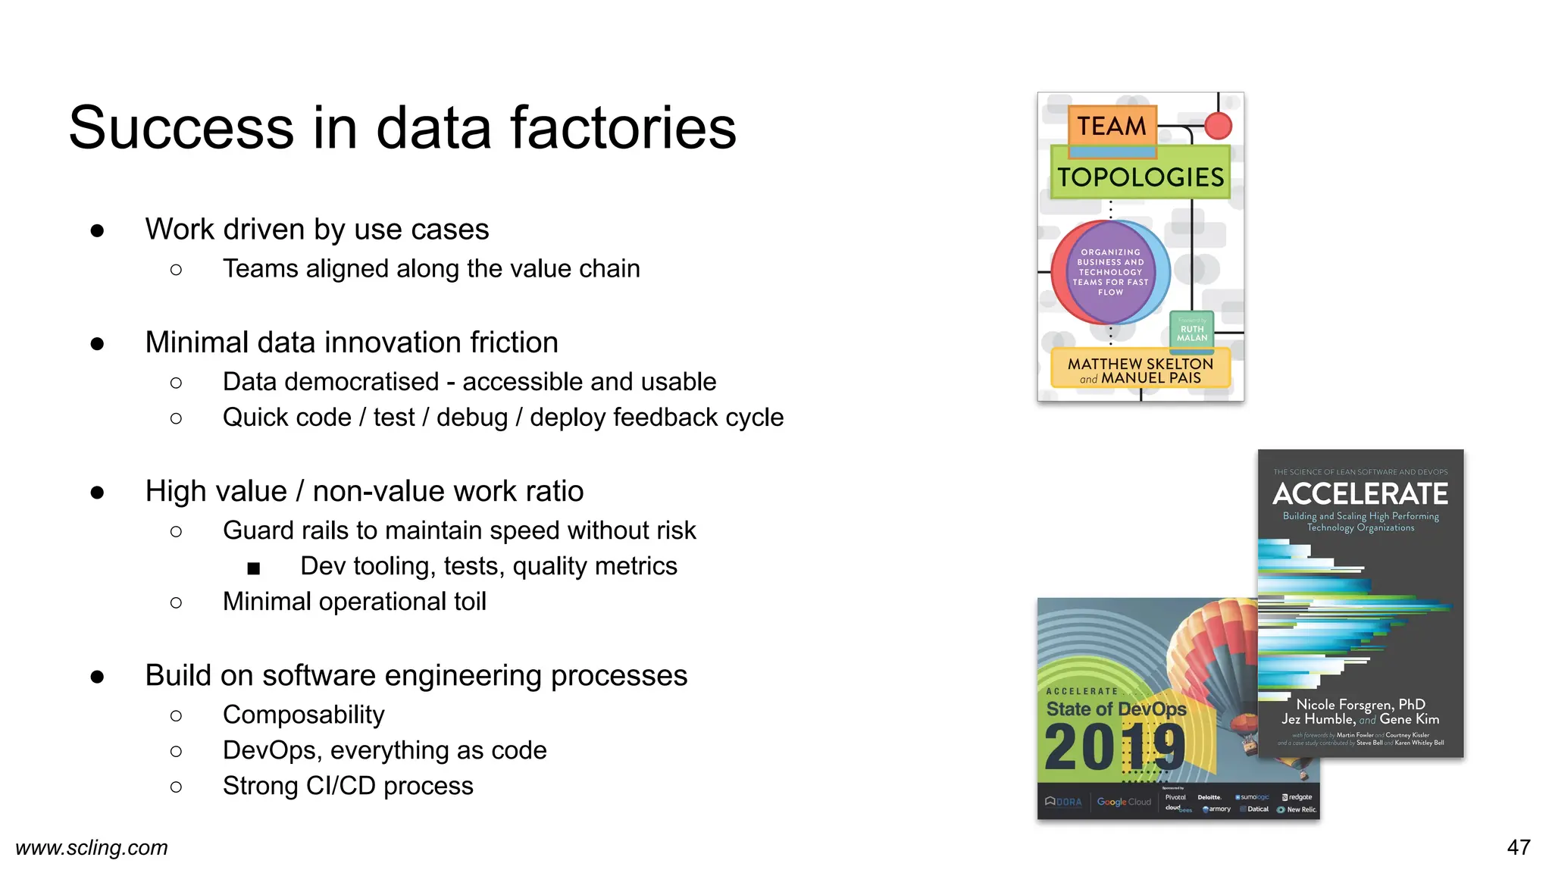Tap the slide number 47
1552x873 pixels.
pos(1518,846)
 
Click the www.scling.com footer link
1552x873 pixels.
pos(92,847)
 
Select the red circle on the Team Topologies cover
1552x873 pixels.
pos(1218,126)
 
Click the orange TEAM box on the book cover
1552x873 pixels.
pos(1112,126)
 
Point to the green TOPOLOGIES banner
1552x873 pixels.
pos(1140,177)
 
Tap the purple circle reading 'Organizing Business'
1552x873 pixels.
pos(1110,271)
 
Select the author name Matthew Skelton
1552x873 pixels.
pos(1140,364)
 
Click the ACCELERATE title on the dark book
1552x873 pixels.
pos(1360,494)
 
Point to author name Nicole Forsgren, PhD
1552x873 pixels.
pos(1360,704)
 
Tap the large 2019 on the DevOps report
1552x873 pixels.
pos(1114,748)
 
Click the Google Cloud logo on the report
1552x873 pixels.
pos(1124,802)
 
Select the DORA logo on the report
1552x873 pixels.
pos(1063,802)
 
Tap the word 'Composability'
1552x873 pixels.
pos(303,715)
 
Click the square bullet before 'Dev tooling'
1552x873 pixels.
pos(253,568)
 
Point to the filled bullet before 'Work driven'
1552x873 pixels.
pos(97,230)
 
